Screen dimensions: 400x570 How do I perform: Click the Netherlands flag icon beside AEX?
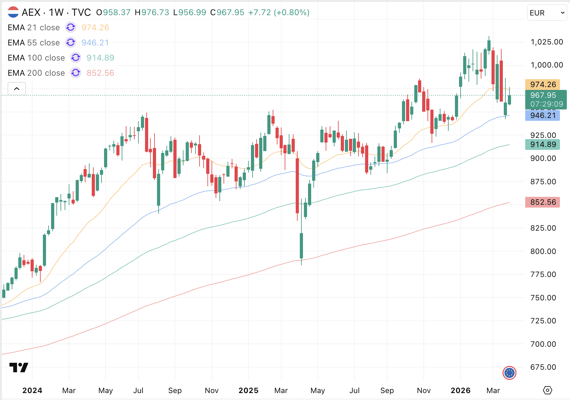tap(13, 12)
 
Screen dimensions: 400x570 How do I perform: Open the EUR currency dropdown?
tap(547, 13)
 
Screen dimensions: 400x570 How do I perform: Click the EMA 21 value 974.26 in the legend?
tap(95, 27)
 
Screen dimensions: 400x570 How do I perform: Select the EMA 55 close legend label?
tap(34, 43)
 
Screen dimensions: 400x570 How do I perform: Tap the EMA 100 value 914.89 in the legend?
tap(100, 58)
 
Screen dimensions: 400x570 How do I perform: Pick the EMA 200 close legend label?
tap(36, 73)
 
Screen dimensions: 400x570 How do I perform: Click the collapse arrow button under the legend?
tap(17, 89)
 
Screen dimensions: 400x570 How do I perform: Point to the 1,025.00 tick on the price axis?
tap(547, 42)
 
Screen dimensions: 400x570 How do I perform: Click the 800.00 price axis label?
tap(543, 251)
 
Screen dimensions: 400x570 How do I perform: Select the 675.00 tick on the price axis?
tap(543, 367)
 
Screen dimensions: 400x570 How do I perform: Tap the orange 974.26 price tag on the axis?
tap(543, 85)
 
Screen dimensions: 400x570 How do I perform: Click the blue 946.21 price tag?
tap(543, 115)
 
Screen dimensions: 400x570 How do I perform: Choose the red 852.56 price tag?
tap(543, 202)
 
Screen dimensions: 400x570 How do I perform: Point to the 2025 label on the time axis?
tap(248, 391)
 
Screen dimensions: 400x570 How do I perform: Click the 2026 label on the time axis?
tap(461, 391)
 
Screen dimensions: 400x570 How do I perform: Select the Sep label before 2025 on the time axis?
tap(175, 391)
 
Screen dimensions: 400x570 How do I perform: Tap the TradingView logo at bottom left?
tap(19, 368)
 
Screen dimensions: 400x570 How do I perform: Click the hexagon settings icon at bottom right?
tap(548, 390)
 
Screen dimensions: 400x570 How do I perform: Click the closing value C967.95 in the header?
tap(227, 12)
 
